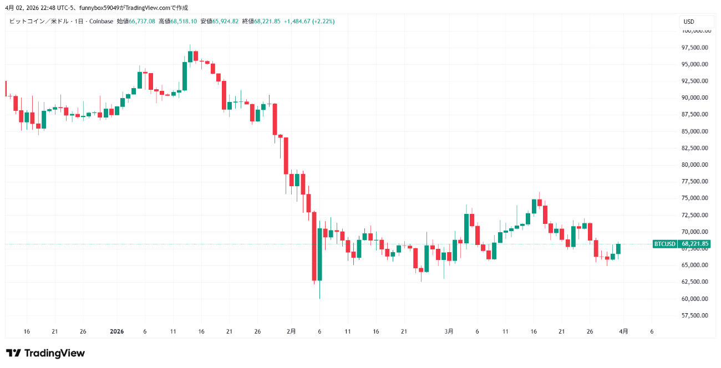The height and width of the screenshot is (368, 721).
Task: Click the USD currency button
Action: [x=688, y=22]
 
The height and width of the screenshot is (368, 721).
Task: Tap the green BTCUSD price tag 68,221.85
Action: [x=681, y=244]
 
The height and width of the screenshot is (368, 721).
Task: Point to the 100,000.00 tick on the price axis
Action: [x=695, y=30]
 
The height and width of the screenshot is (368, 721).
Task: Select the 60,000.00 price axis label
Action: [x=695, y=299]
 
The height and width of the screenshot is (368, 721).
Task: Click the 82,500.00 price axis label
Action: [x=695, y=148]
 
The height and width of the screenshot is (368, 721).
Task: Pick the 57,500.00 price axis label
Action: [x=695, y=315]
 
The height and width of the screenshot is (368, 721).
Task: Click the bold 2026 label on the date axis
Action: [x=116, y=331]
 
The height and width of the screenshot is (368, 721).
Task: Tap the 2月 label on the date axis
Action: [x=291, y=331]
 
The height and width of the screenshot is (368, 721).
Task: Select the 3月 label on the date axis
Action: [x=449, y=331]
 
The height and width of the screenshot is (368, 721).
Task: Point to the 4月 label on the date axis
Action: [x=623, y=331]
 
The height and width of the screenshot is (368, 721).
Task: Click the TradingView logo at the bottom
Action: [x=45, y=353]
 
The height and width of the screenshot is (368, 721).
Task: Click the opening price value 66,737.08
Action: [x=142, y=22]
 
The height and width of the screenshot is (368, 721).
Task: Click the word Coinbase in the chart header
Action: [x=101, y=22]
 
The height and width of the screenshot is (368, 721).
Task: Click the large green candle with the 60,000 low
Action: [x=319, y=254]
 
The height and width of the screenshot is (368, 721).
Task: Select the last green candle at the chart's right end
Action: [x=618, y=249]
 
